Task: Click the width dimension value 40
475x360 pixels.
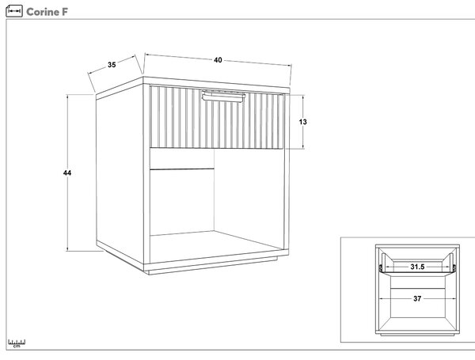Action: pos(218,60)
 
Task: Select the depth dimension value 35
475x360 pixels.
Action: pos(112,65)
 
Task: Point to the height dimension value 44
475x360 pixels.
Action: pos(67,173)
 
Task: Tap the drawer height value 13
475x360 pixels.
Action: pos(303,122)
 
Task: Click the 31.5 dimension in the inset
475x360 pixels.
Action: pos(417,267)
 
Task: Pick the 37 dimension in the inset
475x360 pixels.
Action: pos(417,298)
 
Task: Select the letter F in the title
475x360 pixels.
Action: pos(65,12)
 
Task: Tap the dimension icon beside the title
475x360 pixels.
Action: pos(14,11)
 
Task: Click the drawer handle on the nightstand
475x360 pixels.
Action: pos(223,96)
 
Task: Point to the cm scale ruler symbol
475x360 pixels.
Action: pos(17,343)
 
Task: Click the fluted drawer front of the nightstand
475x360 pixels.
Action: pos(217,117)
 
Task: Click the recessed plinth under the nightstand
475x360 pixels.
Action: pos(213,267)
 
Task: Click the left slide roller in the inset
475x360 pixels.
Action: pos(381,267)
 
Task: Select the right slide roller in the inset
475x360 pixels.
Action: pos(454,267)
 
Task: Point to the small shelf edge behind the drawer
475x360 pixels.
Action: pos(182,169)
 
